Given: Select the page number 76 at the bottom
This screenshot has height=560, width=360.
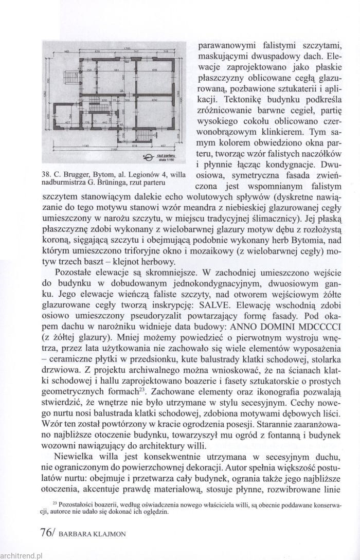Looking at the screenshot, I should point(47,532).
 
